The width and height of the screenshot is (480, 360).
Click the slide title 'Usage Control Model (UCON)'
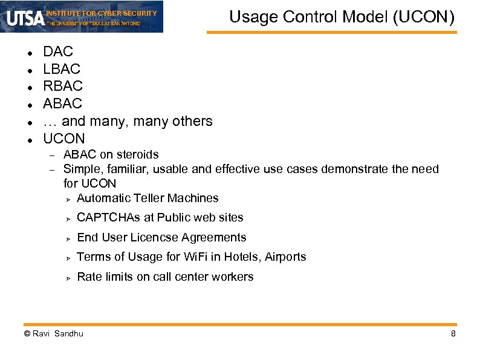point(342,16)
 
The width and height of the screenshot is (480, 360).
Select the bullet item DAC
point(58,52)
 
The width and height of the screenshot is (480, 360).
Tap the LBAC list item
point(62,70)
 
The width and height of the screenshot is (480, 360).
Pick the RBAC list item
point(63,87)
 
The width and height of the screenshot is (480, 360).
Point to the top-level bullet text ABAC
point(63,104)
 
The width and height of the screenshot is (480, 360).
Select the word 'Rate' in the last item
point(89,277)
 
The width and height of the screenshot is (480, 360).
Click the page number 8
point(453,333)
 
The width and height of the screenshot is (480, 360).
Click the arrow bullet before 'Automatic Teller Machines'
point(69,199)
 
